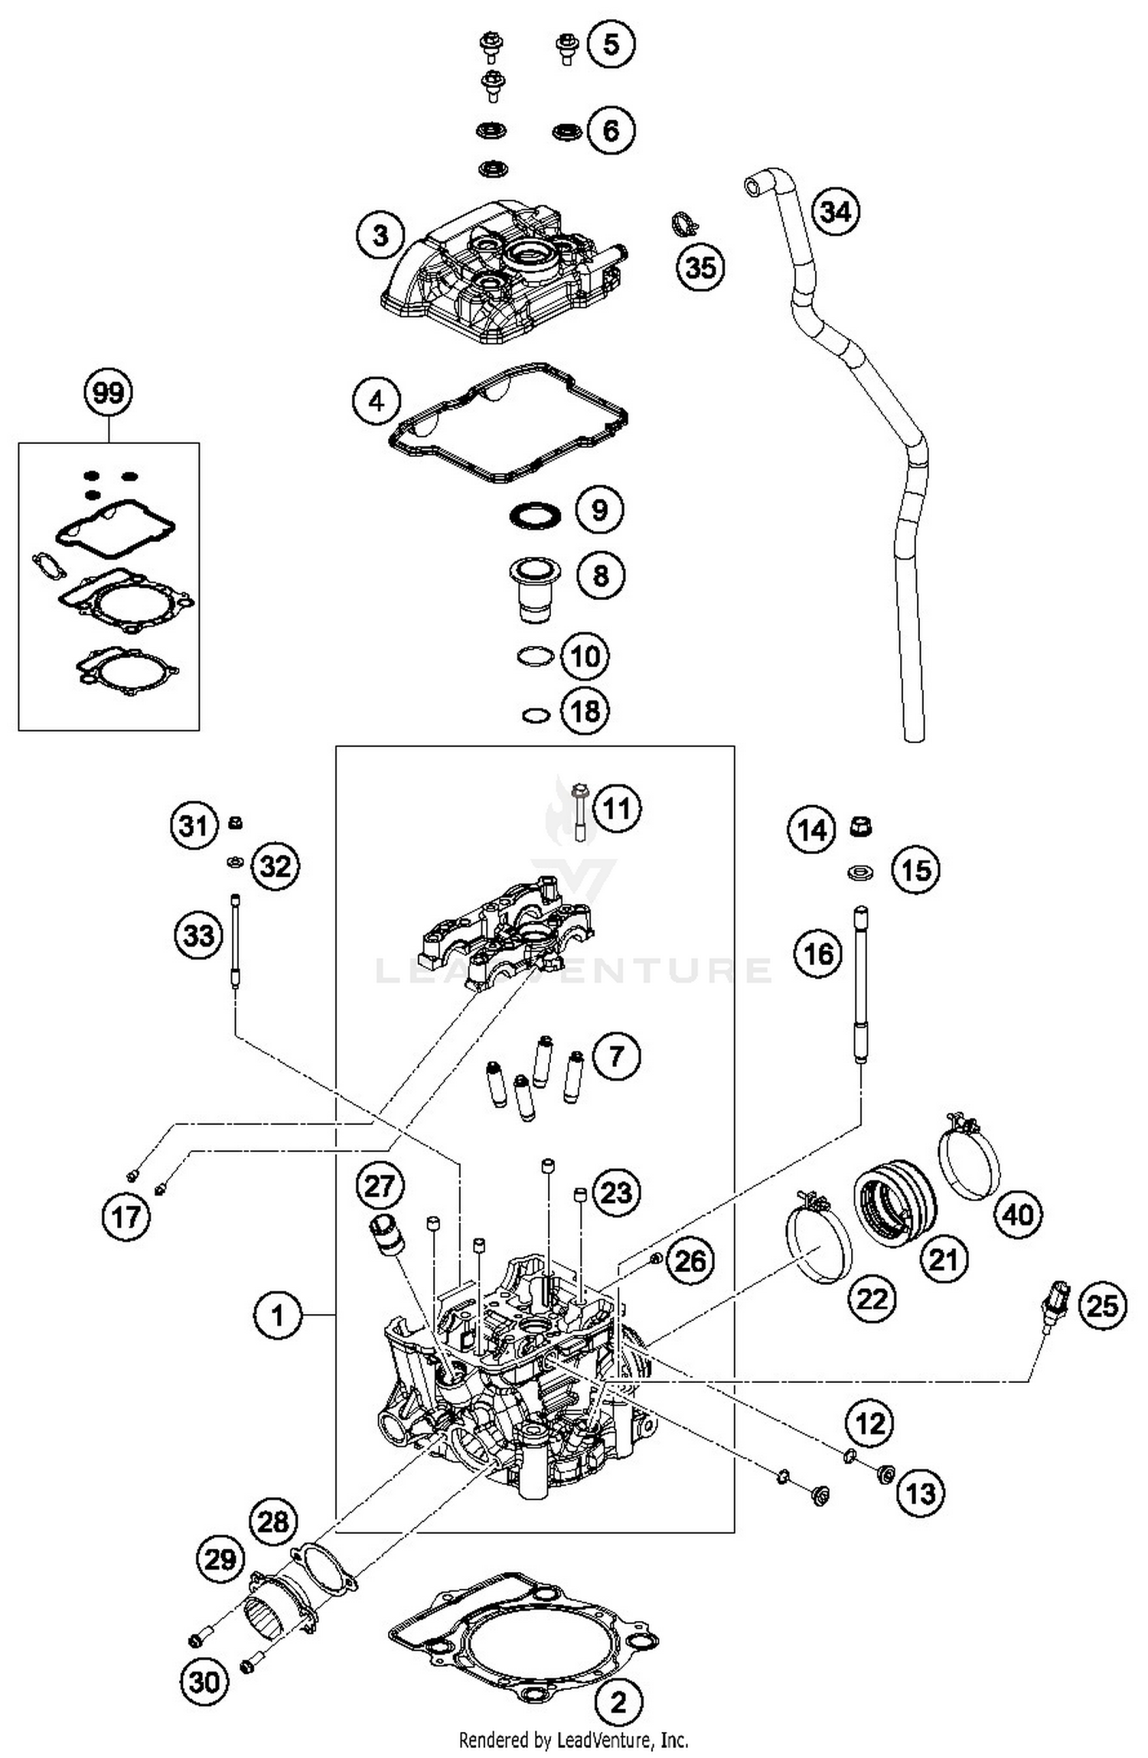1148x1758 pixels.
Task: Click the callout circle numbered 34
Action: coord(835,211)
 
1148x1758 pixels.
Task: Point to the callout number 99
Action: coord(108,393)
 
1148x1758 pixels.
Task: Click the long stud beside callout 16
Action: coord(861,984)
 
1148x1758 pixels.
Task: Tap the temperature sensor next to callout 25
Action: coord(1059,1296)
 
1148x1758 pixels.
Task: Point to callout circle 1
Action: coord(277,1315)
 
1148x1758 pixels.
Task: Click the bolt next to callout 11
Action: coord(580,812)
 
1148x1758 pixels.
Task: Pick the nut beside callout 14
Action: coord(861,827)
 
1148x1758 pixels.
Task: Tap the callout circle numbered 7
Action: coord(615,1057)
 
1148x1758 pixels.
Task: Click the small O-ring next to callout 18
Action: coord(536,715)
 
